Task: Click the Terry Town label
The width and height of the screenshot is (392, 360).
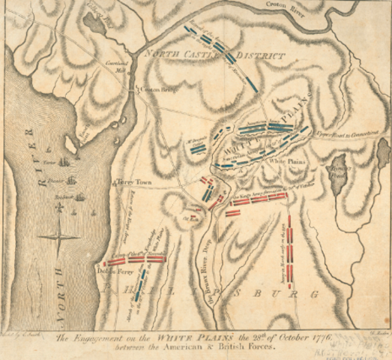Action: (133, 182)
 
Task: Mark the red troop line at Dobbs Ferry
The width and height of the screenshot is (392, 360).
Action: (130, 260)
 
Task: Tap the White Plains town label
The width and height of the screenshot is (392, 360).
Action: (285, 161)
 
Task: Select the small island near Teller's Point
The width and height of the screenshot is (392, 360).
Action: (70, 143)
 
